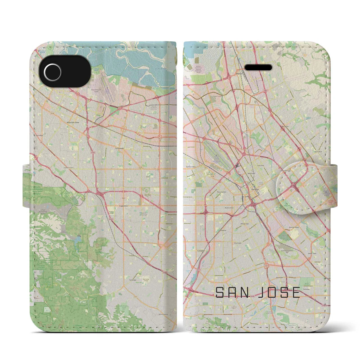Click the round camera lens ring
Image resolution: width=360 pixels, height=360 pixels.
[53, 69]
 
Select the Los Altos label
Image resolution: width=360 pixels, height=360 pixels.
[40, 135]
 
